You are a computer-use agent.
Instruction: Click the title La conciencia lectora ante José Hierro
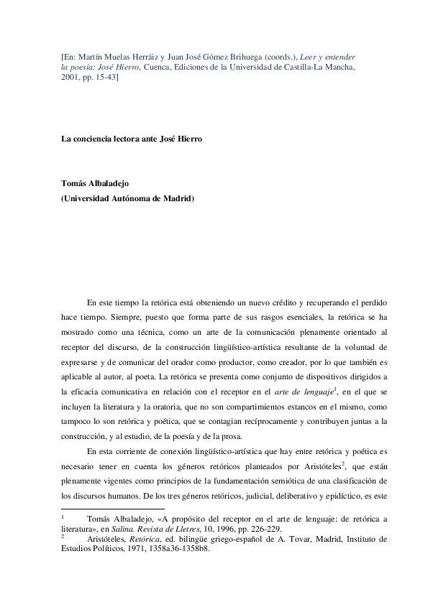point(131,139)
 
